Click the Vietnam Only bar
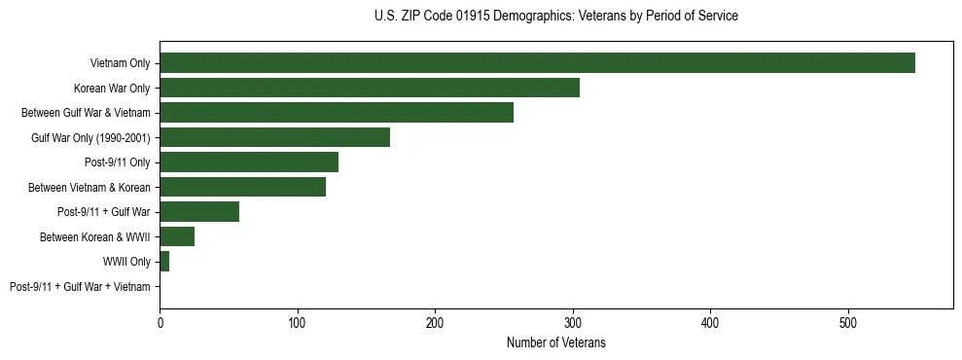(537, 63)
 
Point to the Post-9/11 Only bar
(249, 162)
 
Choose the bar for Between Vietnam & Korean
(242, 187)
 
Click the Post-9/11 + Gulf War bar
(199, 211)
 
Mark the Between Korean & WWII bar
(177, 236)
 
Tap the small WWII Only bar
(164, 261)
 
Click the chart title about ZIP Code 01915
(555, 17)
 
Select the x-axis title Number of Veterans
(555, 342)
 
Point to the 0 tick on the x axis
(160, 322)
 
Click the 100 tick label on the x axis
(298, 322)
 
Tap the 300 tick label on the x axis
(573, 322)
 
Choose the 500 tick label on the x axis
(848, 322)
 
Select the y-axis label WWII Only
(126, 261)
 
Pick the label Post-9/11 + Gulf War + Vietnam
(80, 286)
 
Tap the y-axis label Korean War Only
(112, 88)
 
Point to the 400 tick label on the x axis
(710, 322)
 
